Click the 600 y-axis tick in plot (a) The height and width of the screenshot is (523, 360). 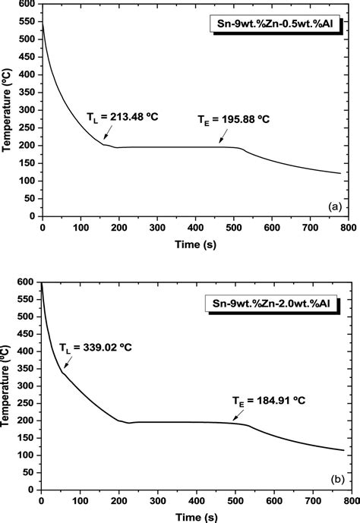27,5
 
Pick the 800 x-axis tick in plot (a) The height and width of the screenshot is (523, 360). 347,227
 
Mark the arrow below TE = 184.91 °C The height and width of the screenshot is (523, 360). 242,417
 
